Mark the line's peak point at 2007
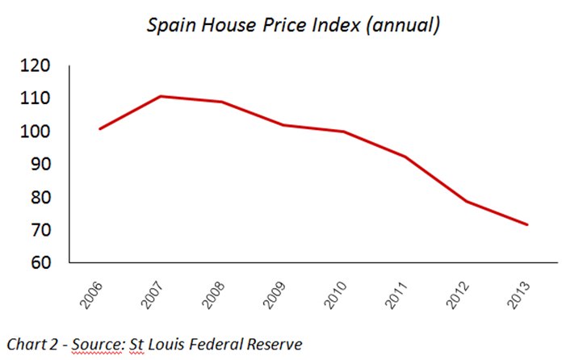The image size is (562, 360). pyautogui.click(x=161, y=96)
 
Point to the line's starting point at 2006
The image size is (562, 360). pyautogui.click(x=99, y=128)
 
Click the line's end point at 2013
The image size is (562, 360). pyautogui.click(x=528, y=224)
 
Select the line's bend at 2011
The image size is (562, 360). pyautogui.click(x=405, y=157)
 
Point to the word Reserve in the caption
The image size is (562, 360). pyautogui.click(x=275, y=344)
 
